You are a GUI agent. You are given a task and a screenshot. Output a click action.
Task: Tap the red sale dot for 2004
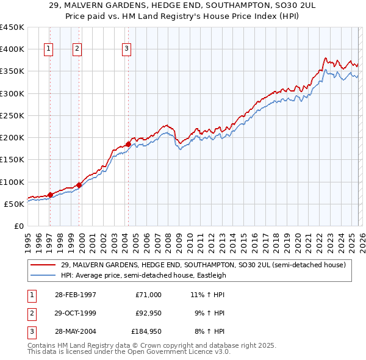[128, 145]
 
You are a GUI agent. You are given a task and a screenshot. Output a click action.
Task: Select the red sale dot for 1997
[50, 195]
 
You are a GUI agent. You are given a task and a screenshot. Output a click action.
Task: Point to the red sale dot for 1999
[79, 185]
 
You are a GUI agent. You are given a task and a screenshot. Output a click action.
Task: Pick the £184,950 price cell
[146, 331]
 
